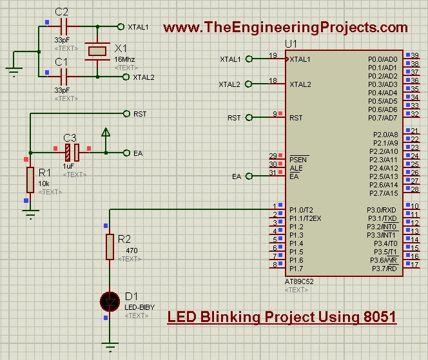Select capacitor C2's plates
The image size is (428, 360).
[x=63, y=27]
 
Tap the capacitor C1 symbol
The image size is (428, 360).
[x=63, y=76]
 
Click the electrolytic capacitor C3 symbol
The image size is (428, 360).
[x=72, y=153]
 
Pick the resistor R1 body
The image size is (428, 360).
[x=30, y=180]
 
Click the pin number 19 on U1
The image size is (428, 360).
[x=273, y=55]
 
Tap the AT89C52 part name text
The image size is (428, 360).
[x=301, y=281]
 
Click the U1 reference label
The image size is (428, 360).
[x=291, y=44]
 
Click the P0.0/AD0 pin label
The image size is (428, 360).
[x=382, y=59]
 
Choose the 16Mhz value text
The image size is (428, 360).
[x=124, y=59]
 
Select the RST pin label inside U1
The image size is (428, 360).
[x=296, y=118]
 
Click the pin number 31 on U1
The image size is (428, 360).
[x=273, y=173]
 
